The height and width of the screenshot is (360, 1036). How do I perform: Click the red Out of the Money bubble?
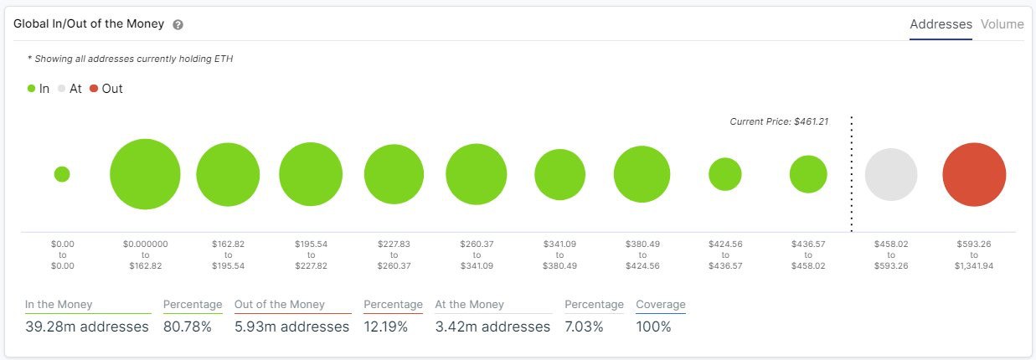[x=974, y=175]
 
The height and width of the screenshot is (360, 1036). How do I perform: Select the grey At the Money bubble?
[x=891, y=175]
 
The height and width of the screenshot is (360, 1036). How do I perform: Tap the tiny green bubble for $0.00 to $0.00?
[x=62, y=174]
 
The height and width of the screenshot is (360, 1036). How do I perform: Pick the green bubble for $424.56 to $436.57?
[x=725, y=174]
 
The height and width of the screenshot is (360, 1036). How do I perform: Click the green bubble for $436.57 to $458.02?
[x=808, y=174]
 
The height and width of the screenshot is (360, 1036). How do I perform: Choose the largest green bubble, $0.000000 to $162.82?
[x=145, y=174]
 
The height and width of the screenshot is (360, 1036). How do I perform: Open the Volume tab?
[x=1002, y=24]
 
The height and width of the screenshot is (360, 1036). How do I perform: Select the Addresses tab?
[x=941, y=24]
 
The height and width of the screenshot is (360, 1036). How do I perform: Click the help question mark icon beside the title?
[x=178, y=25]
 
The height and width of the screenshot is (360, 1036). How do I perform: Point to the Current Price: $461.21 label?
[x=778, y=121]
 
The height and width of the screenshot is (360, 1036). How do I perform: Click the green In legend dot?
[x=31, y=89]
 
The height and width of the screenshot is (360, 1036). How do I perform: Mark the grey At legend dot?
[x=62, y=89]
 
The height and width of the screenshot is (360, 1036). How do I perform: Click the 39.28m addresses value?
[x=87, y=327]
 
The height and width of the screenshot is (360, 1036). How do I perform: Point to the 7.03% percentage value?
[x=584, y=327]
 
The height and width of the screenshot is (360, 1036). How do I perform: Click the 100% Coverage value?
[x=654, y=327]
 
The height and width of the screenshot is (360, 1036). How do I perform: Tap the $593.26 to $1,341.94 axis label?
[x=974, y=255]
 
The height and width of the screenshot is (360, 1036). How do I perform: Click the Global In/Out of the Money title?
[x=89, y=24]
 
